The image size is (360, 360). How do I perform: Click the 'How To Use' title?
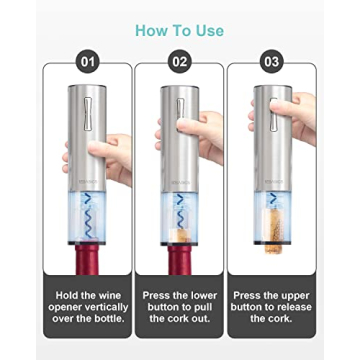[x=179, y=29]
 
